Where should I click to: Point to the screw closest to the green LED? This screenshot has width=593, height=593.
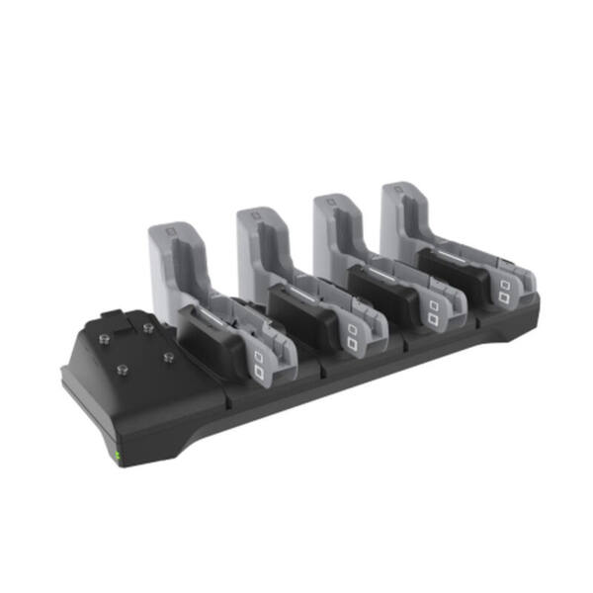coord(123,370)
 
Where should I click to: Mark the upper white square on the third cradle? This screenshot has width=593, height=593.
coord(432,305)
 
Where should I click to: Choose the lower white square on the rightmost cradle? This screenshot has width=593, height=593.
coord(505,296)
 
